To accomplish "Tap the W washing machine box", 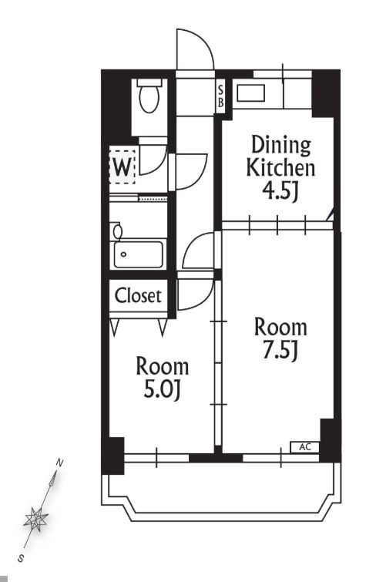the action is tap(122, 167).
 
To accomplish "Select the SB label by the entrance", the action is tap(220, 96).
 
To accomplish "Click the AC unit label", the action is tap(305, 447).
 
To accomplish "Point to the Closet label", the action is tap(138, 296).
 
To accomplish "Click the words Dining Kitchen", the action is tap(280, 156).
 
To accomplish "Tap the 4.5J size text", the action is tap(280, 191).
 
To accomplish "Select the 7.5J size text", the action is tap(280, 350).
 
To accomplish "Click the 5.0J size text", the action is tap(162, 389).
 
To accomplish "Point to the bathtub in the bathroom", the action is tap(139, 254).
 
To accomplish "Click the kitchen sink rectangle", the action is tap(251, 93).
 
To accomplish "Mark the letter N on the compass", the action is tap(59, 463).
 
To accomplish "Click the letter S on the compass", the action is tap(21, 558).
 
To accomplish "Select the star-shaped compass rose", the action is tap(35, 519).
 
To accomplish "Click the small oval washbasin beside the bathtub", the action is tap(118, 231).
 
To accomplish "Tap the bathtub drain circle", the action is tap(123, 254).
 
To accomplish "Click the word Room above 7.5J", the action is tap(280, 328).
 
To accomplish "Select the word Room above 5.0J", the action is tap(163, 366).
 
